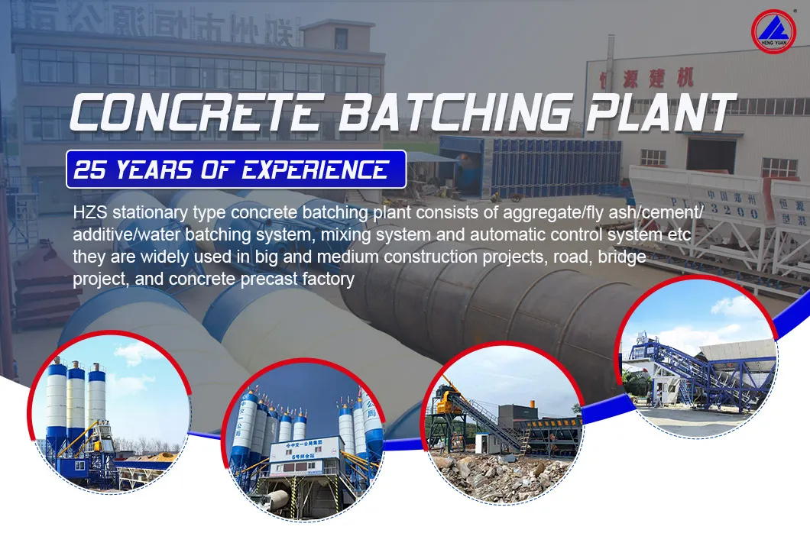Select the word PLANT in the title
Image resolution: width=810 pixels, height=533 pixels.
tap(657, 113)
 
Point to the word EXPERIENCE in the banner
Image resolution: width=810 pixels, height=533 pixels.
tap(316, 170)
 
